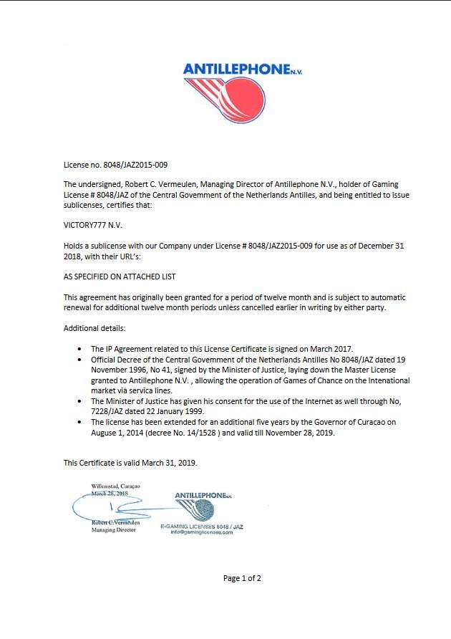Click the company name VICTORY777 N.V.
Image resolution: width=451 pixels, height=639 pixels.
(93, 224)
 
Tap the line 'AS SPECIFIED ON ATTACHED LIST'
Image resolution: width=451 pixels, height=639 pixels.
(120, 276)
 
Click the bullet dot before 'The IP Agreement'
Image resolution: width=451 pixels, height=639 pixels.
(79, 348)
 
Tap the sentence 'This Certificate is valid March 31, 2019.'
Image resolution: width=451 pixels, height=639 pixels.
(130, 463)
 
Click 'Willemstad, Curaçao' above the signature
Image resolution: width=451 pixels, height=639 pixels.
(115, 486)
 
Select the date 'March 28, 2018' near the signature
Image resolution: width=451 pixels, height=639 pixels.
(110, 494)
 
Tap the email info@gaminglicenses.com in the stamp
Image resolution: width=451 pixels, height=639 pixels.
(202, 532)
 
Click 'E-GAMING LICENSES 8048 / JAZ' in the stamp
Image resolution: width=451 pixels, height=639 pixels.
(203, 527)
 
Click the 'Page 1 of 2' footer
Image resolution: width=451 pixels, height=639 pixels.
(242, 578)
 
